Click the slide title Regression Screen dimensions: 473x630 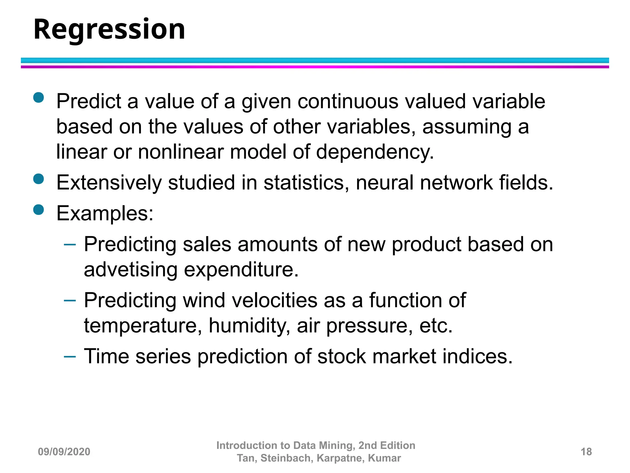click(x=109, y=30)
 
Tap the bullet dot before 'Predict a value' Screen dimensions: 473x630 click(x=39, y=98)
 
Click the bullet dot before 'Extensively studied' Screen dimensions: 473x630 click(x=39, y=179)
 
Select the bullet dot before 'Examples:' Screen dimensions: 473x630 click(x=39, y=210)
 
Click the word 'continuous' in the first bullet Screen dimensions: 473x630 click(x=348, y=102)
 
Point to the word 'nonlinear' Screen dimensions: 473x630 click(x=181, y=152)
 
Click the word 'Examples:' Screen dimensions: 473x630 click(x=105, y=213)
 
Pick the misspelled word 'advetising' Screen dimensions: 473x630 click(x=130, y=270)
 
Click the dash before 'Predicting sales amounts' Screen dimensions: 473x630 click(x=70, y=245)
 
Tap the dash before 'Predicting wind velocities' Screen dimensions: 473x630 click(x=70, y=301)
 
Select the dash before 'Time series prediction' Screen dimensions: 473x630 click(x=70, y=357)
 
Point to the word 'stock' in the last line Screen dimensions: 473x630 click(x=341, y=357)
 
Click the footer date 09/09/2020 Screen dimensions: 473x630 click(x=64, y=452)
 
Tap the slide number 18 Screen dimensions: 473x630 click(x=586, y=452)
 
